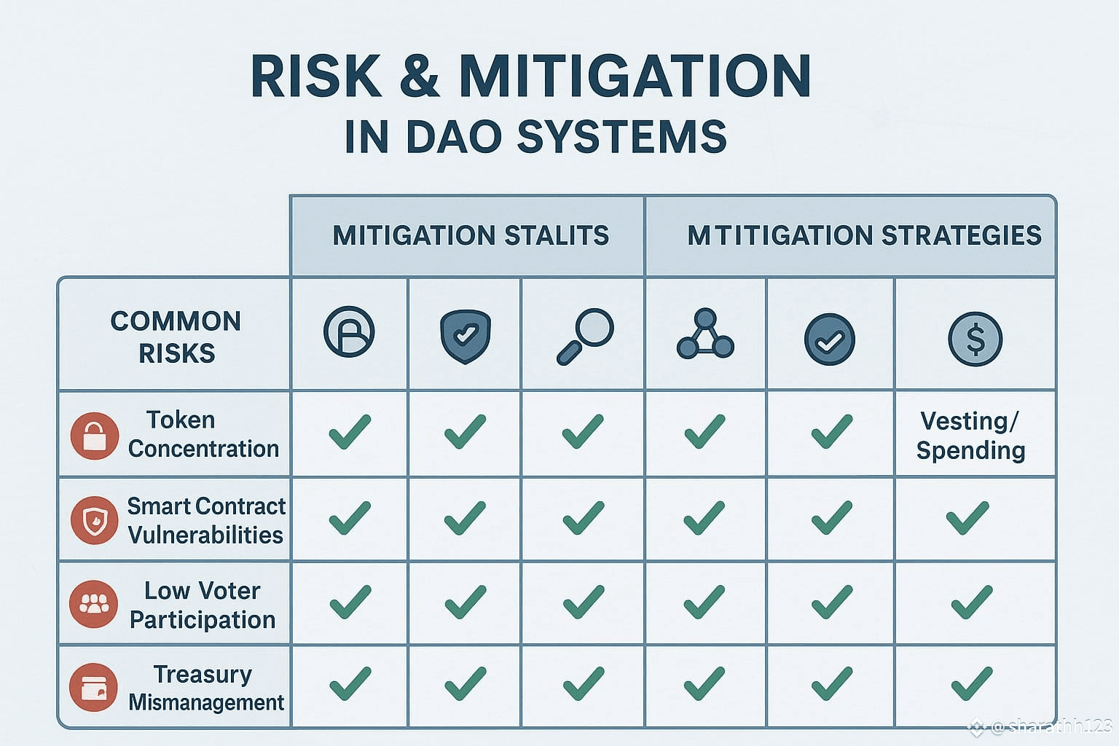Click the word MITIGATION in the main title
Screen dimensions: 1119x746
pyautogui.click(x=635, y=76)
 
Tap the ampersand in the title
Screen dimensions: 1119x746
pyautogui.click(x=420, y=76)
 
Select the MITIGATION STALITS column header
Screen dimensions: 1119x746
pyautogui.click(x=471, y=235)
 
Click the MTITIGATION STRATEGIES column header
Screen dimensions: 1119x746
pyautogui.click(x=864, y=235)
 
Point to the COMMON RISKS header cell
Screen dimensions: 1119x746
pyautogui.click(x=176, y=337)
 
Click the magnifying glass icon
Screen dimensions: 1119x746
pyautogui.click(x=585, y=337)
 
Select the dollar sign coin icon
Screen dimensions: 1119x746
pyautogui.click(x=975, y=339)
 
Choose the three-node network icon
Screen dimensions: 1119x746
pyautogui.click(x=705, y=333)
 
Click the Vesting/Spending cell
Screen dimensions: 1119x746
pyautogui.click(x=970, y=436)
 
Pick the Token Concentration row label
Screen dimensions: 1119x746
pyautogui.click(x=203, y=434)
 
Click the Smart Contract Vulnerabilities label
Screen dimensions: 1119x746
pyautogui.click(x=206, y=521)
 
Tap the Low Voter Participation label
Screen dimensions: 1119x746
pyautogui.click(x=203, y=605)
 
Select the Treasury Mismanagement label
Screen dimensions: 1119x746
pyautogui.click(x=206, y=688)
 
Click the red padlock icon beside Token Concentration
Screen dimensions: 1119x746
pyautogui.click(x=95, y=436)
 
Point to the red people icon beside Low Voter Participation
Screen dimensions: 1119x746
pyautogui.click(x=93, y=604)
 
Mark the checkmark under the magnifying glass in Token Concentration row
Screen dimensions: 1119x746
pyautogui.click(x=583, y=431)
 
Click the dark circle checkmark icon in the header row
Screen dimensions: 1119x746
pyautogui.click(x=830, y=339)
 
